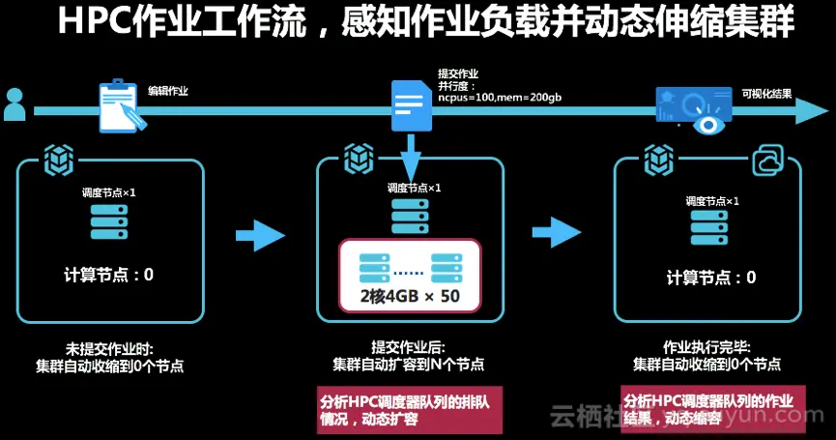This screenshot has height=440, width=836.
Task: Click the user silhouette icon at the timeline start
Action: pyautogui.click(x=14, y=104)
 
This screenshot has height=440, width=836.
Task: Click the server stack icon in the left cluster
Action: pyautogui.click(x=108, y=221)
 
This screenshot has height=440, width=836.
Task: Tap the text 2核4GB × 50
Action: pyautogui.click(x=409, y=296)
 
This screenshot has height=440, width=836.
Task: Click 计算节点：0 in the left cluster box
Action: pyautogui.click(x=108, y=275)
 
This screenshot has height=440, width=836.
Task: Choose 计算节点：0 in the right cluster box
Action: pyautogui.click(x=711, y=278)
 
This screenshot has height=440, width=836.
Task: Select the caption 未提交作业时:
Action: pyautogui.click(x=109, y=347)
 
